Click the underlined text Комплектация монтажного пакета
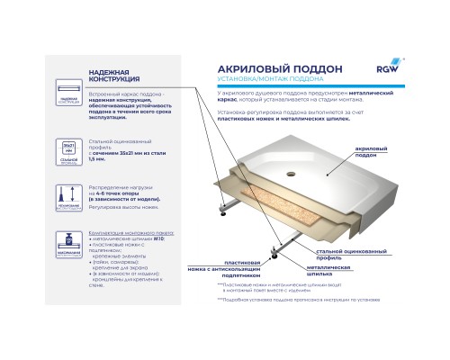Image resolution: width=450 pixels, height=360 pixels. [126, 232]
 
